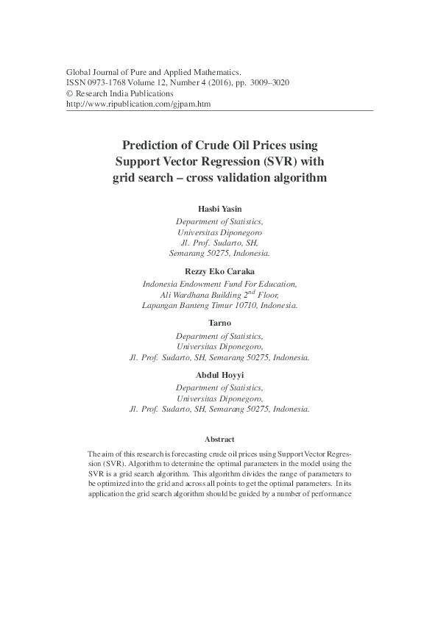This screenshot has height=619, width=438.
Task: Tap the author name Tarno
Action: point(219,323)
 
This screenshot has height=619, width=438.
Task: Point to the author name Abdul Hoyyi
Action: point(219,375)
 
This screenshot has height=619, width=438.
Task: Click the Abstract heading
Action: point(219,439)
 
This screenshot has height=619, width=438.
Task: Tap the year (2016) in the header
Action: point(216,83)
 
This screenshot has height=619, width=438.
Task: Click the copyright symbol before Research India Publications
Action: point(70,94)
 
